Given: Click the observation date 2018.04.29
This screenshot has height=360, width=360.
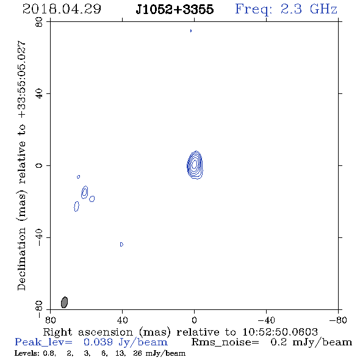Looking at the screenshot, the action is (x=62, y=9).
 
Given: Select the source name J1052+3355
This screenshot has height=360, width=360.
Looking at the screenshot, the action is (x=175, y=9).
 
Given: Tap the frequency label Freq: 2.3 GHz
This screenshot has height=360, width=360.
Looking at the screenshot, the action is (x=286, y=9).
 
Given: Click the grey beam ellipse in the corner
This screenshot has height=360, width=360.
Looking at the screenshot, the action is (x=64, y=302).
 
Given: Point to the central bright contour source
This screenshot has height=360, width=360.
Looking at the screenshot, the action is (x=195, y=165).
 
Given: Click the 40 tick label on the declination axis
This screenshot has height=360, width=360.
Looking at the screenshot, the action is (x=39, y=94).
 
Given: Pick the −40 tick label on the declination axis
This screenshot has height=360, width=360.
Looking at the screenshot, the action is (x=39, y=237).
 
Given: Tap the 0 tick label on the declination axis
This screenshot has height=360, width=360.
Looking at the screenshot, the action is (x=39, y=165).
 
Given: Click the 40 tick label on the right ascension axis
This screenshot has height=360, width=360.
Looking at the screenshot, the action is (x=122, y=320).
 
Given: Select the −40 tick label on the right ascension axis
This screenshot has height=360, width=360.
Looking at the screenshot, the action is (x=266, y=320).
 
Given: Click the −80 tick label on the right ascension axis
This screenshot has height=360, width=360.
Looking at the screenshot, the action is (x=338, y=320).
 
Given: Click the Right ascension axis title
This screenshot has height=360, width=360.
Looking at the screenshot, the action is (x=181, y=332).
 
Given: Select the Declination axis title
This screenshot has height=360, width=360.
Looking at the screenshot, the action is (x=22, y=165).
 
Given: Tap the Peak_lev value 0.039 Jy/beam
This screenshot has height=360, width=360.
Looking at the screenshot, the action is (x=125, y=342).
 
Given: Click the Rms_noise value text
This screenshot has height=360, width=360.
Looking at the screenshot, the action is (x=311, y=342).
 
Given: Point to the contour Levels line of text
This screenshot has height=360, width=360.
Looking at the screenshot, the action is (x=100, y=353).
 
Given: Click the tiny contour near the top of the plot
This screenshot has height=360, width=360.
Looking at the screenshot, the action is (x=191, y=31).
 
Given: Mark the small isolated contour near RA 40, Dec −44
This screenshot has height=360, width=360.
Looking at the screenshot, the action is (x=121, y=244).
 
